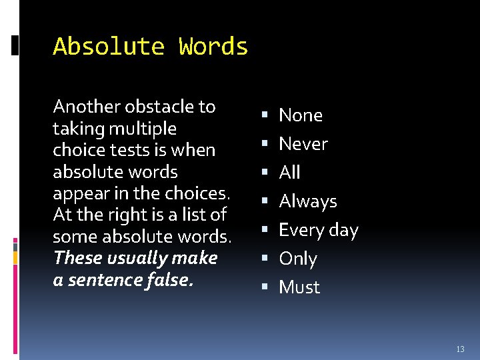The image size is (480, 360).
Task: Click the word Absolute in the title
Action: coord(108,47)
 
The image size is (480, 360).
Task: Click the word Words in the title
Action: coord(213,47)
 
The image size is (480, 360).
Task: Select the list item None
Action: coord(301,115)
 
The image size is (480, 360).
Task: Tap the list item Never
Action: coord(303,144)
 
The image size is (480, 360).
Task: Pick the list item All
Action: coord(289,173)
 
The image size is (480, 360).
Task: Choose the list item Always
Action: coord(308,201)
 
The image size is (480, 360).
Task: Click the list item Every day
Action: coord(319,231)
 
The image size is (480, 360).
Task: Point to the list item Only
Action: coord(298,259)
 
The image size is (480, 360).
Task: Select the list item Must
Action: coord(299,287)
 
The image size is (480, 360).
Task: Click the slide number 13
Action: coord(460,349)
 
